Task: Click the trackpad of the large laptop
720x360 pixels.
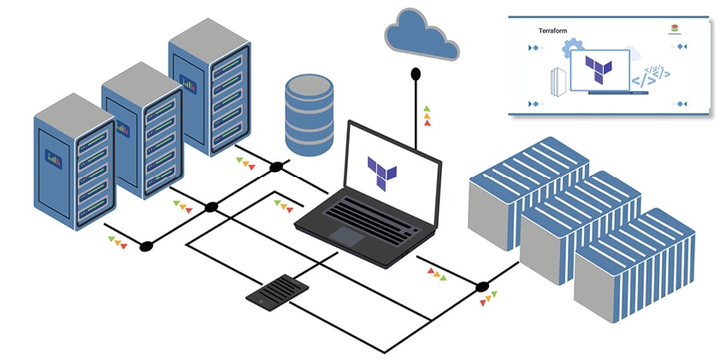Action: click(x=345, y=236)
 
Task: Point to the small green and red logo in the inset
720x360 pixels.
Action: click(x=676, y=28)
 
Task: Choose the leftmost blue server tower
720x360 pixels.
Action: click(x=74, y=162)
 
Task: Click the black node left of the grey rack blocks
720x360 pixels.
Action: click(x=482, y=286)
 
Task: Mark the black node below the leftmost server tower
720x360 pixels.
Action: click(x=146, y=245)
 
